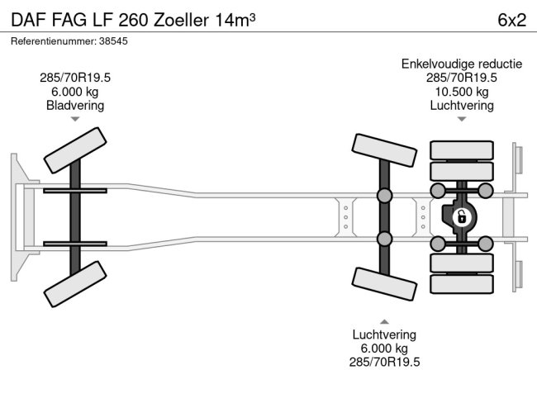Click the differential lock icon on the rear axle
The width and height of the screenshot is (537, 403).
[x=461, y=217]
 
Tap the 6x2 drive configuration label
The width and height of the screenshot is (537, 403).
[x=511, y=20]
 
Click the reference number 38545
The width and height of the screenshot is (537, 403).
[x=113, y=41]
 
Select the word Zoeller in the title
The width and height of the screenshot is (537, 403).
[x=181, y=20]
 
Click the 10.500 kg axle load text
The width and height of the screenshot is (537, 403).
[x=462, y=92]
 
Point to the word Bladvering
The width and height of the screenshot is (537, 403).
[x=75, y=106]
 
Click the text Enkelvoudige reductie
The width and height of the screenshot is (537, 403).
[x=462, y=64]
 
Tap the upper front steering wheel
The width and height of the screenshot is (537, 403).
[x=75, y=150]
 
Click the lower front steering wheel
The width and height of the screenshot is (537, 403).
[x=75, y=284]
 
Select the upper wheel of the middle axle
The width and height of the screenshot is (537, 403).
[x=384, y=150]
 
